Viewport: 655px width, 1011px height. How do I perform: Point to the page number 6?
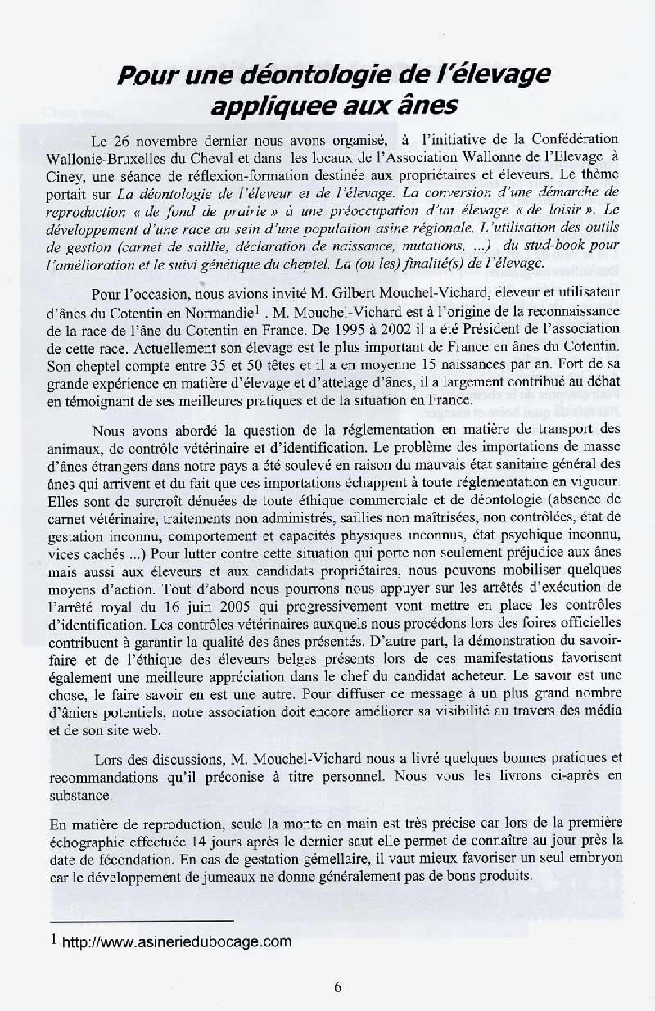[x=337, y=986]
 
